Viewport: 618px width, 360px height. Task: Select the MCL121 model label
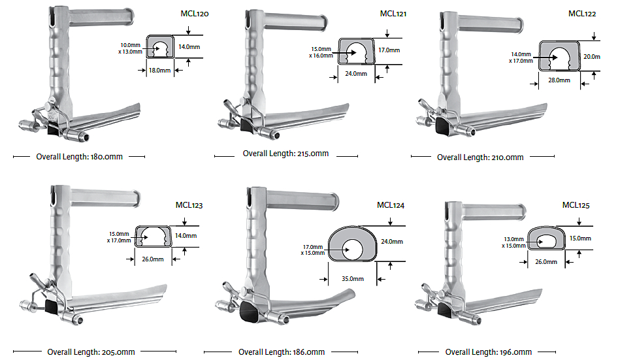click(394, 14)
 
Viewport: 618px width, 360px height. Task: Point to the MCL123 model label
click(189, 205)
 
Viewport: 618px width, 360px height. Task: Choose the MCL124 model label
click(391, 205)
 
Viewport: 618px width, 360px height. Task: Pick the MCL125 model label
click(576, 205)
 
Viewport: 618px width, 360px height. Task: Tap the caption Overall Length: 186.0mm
click(282, 352)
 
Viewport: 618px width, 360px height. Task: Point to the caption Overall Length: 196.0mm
click(488, 352)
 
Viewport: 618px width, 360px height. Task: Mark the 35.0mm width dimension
click(351, 278)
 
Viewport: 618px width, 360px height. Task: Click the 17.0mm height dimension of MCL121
click(389, 50)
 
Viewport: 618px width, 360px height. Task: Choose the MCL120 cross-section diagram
click(159, 48)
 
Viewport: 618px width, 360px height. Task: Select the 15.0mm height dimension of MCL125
click(579, 238)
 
